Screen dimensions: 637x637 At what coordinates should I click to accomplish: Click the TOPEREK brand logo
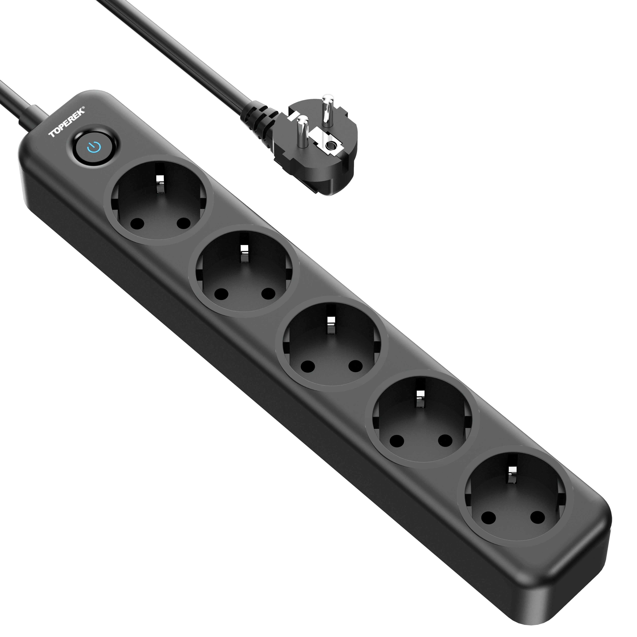pos(67,122)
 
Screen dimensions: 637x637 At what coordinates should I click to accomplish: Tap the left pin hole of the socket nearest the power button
pos(136,225)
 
